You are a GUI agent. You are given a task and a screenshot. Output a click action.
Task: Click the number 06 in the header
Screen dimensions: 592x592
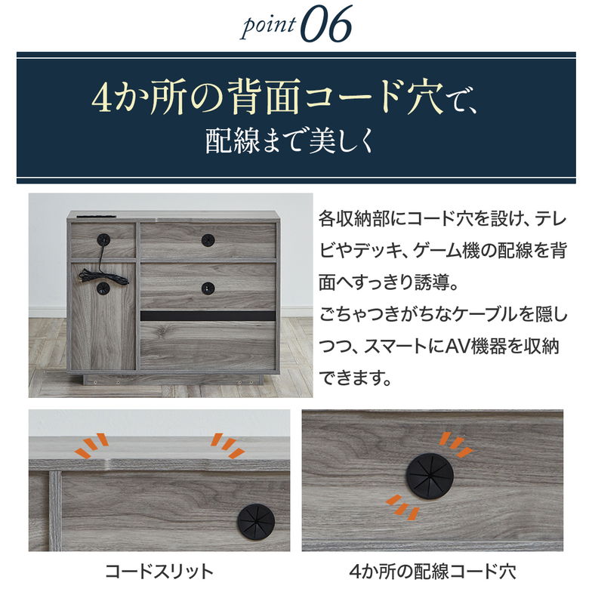click(325, 26)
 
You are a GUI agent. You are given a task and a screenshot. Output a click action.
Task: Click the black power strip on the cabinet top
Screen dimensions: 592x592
click(91, 217)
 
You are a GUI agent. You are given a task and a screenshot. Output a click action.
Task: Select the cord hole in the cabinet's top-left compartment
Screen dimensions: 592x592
click(103, 239)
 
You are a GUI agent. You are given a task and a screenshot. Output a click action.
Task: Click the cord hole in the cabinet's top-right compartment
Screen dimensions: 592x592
click(208, 239)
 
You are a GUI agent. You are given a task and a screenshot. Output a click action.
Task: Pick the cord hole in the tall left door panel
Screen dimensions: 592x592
click(103, 288)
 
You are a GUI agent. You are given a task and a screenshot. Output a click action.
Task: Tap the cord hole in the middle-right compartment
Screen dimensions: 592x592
click(208, 287)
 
